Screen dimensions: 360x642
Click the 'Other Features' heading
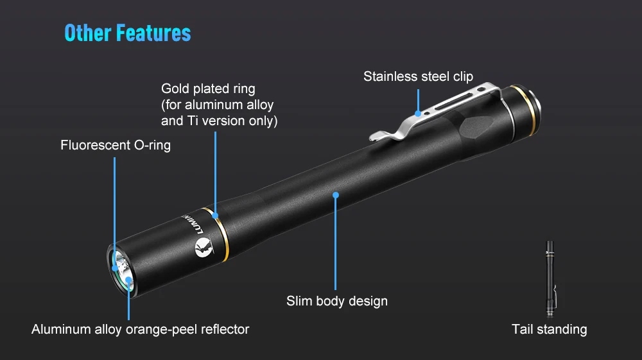[127, 33]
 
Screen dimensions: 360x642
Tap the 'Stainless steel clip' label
[418, 77]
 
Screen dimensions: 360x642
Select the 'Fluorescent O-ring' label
[116, 146]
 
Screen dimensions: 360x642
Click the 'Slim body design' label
[336, 300]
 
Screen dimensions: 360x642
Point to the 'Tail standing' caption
[549, 329]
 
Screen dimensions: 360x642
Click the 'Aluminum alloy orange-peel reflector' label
[140, 329]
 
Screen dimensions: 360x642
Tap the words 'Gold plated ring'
[208, 89]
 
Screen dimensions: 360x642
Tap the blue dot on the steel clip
[418, 113]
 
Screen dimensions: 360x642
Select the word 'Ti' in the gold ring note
[188, 121]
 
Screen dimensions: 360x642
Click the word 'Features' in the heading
[153, 33]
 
